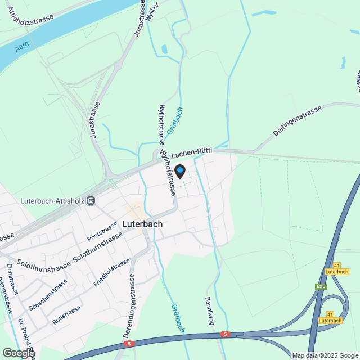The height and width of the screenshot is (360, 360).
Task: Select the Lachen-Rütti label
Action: click(192, 152)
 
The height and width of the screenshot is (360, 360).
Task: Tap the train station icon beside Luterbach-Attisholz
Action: click(91, 200)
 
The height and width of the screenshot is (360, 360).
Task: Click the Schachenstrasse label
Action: click(48, 294)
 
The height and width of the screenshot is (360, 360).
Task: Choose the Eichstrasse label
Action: click(12, 280)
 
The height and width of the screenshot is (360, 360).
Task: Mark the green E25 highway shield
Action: click(321, 287)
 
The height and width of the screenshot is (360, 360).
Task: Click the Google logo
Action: click(18, 353)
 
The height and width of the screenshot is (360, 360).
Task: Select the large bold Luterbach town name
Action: click(142, 223)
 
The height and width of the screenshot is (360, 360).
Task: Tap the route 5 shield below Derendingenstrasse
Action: click(129, 343)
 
